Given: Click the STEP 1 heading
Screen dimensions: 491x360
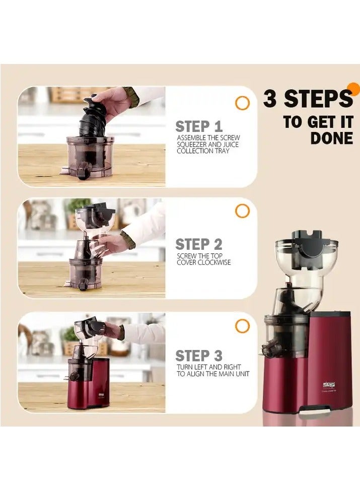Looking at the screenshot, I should point(198,126).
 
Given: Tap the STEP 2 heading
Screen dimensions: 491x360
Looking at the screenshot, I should point(198,245).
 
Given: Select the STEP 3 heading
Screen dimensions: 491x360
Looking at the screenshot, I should point(198,356).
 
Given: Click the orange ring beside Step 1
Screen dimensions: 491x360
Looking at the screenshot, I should point(242,103).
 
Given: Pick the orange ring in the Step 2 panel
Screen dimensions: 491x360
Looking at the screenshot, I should point(242,212).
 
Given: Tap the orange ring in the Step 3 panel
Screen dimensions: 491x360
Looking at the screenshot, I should point(242,326).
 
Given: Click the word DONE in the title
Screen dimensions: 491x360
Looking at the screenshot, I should point(331,139).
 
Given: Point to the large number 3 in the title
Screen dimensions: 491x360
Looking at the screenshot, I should point(270,99).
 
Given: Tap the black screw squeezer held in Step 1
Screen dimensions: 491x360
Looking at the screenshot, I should point(98,116).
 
